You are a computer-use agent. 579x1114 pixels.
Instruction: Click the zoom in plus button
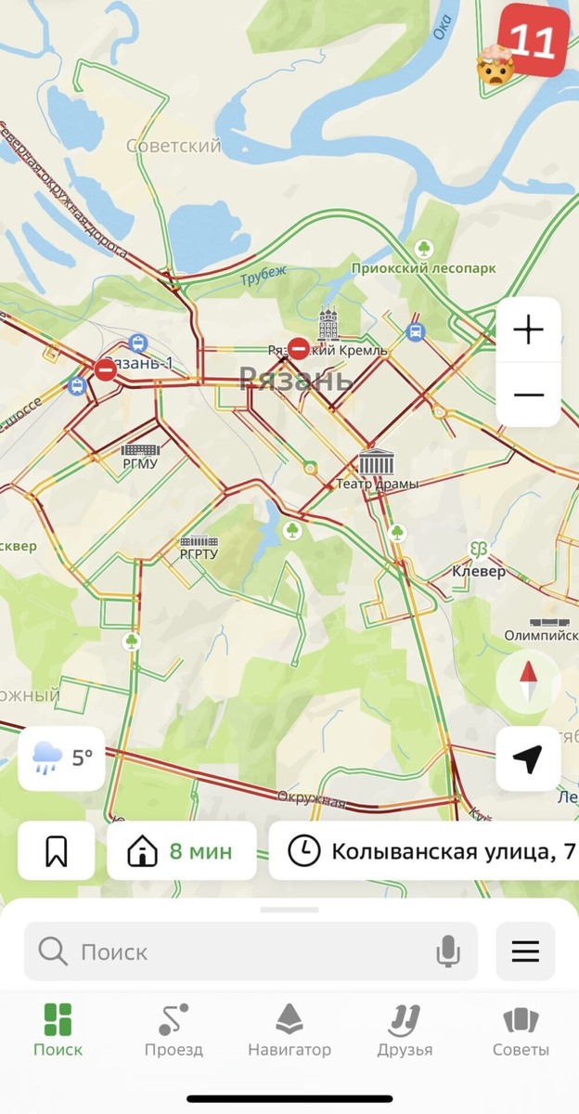click(528, 330)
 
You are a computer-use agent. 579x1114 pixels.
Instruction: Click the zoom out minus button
click(528, 395)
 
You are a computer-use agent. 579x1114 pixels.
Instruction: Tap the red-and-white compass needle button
click(528, 680)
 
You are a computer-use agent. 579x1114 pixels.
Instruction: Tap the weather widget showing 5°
click(61, 758)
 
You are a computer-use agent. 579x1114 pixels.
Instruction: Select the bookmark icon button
click(57, 850)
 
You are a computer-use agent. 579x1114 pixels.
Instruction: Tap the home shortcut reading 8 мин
click(182, 850)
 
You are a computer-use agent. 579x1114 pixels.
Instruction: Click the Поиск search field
click(232, 952)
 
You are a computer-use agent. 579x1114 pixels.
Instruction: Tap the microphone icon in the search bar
click(448, 952)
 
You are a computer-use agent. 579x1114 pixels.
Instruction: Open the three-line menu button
click(525, 952)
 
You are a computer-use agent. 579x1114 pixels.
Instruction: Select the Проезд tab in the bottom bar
click(174, 1030)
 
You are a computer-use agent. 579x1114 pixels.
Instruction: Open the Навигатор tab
click(289, 1030)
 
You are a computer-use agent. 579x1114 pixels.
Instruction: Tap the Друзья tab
click(405, 1030)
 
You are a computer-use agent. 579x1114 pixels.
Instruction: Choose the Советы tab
click(521, 1030)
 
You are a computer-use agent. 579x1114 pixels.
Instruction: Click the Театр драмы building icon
click(377, 462)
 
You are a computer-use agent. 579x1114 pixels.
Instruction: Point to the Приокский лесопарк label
click(423, 268)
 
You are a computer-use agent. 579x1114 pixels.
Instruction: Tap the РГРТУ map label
click(199, 554)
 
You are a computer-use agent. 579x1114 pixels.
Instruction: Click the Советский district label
click(174, 146)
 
